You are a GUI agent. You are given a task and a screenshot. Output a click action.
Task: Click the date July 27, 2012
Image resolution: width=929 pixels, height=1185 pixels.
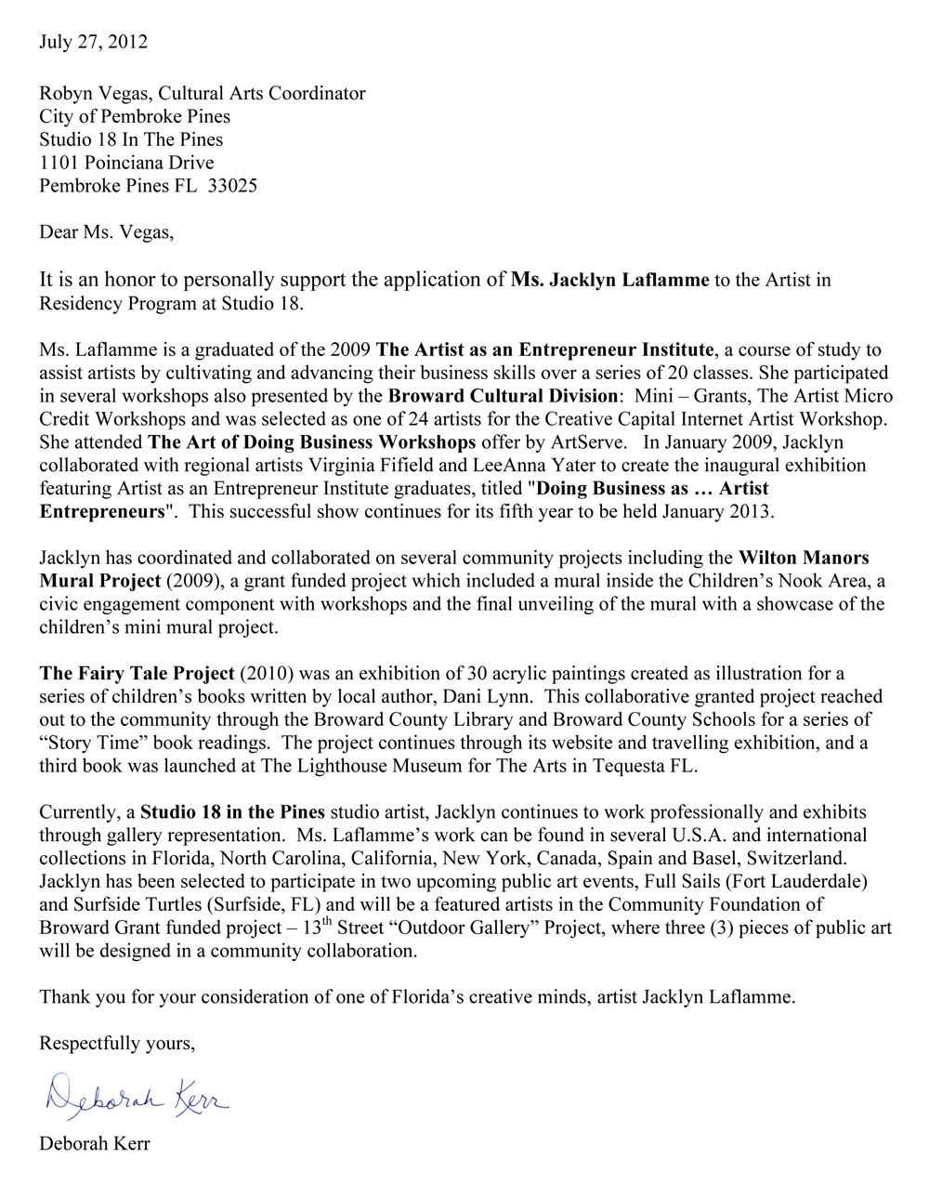pos(93,42)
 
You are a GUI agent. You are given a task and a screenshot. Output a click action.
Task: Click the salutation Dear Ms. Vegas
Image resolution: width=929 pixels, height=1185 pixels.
pos(106,232)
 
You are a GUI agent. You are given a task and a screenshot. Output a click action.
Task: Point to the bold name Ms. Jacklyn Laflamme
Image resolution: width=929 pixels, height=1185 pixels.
pos(609,280)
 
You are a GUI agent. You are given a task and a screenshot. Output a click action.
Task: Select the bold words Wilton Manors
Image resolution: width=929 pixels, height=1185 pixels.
pos(804,559)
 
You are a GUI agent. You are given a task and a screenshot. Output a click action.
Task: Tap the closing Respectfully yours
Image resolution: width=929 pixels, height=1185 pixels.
pos(117,1044)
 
